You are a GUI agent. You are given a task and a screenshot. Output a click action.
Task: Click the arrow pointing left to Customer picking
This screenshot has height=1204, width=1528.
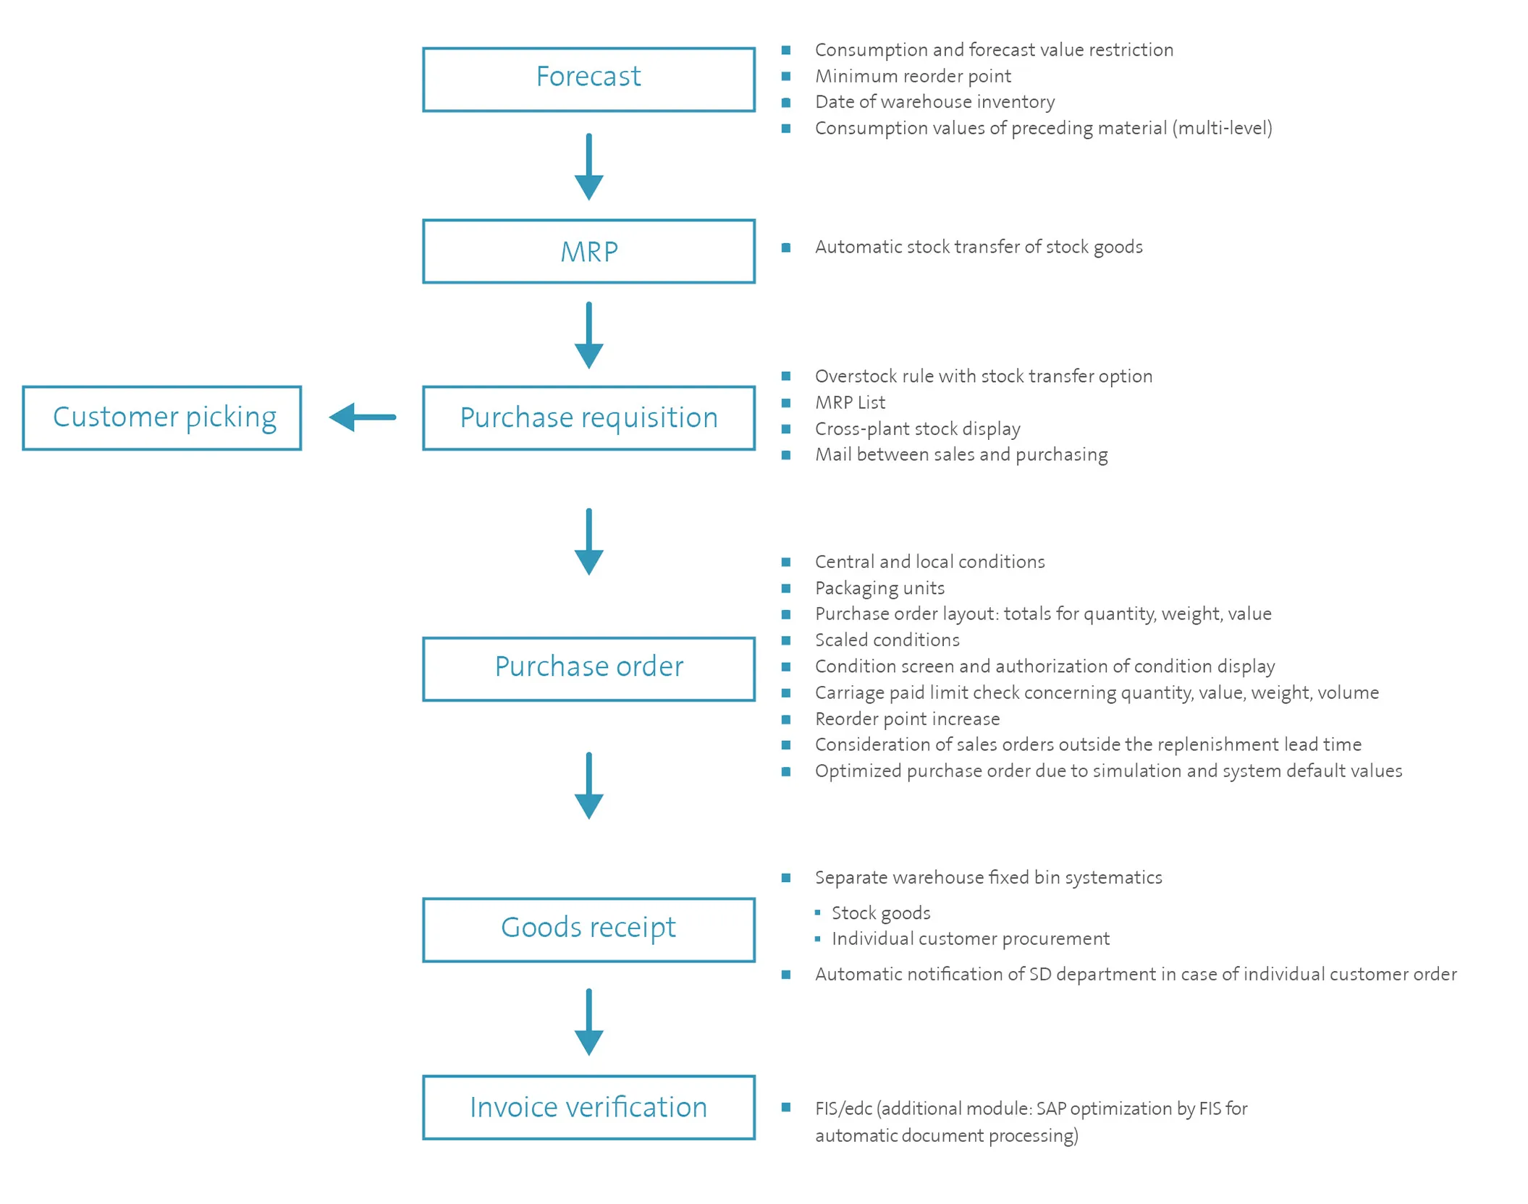(x=363, y=417)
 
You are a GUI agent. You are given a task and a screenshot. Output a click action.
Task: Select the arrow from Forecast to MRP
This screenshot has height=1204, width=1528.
(x=588, y=166)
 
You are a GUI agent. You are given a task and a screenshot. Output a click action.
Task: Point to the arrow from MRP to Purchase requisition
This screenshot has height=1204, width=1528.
(x=588, y=335)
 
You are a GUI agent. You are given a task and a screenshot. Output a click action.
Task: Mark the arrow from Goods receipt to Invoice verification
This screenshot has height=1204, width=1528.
(x=588, y=1022)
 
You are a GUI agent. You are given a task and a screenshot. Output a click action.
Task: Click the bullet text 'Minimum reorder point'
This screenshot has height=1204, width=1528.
(x=913, y=76)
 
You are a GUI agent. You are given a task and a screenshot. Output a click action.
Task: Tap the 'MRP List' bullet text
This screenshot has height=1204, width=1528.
(x=850, y=402)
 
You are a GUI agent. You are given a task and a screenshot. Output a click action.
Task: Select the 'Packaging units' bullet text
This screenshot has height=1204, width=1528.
(x=879, y=588)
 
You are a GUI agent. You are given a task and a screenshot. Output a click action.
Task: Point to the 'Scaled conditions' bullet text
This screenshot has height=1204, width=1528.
(x=887, y=640)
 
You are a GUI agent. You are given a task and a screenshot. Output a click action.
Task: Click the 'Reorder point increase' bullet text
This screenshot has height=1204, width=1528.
(x=907, y=718)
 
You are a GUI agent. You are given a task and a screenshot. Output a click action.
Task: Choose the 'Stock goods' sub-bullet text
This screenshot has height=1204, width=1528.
(x=881, y=913)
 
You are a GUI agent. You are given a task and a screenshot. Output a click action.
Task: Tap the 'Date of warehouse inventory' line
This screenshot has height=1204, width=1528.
(x=934, y=102)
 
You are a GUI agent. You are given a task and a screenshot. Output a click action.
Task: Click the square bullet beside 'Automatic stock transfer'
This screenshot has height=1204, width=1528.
(x=786, y=247)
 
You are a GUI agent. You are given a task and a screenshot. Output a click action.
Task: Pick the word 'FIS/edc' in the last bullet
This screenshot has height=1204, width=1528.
(x=843, y=1108)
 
